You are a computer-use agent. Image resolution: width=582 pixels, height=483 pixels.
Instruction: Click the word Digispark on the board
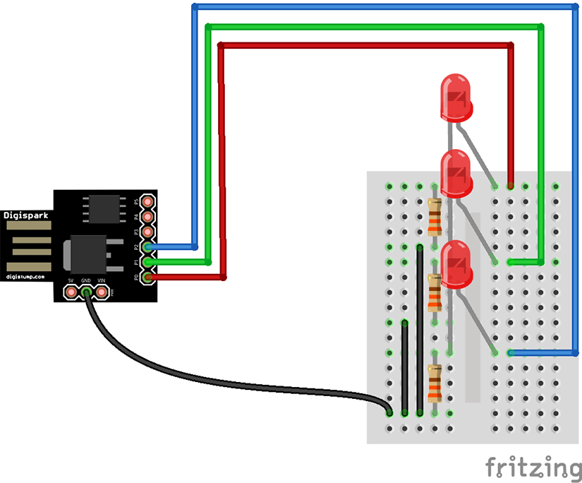(26, 214)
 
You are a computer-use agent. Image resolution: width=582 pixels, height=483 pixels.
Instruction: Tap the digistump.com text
(26, 277)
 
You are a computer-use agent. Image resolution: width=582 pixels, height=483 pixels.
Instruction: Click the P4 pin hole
(147, 216)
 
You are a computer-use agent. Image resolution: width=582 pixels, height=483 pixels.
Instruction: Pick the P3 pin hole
(147, 232)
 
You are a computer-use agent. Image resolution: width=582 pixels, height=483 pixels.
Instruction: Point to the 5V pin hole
(71, 291)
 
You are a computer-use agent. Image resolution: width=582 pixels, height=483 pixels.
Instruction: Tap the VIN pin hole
(102, 291)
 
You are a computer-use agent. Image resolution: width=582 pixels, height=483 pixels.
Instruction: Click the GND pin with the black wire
(86, 291)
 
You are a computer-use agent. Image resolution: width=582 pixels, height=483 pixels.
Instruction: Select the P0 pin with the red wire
(147, 278)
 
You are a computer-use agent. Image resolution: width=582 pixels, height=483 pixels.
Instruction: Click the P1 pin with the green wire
(147, 262)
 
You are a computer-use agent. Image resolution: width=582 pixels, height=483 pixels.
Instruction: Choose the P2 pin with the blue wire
(147, 247)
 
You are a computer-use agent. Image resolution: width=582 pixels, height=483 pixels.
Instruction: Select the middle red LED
(456, 173)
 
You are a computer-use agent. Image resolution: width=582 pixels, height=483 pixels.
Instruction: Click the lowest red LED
(456, 263)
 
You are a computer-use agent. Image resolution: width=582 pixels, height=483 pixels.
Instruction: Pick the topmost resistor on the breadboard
(435, 216)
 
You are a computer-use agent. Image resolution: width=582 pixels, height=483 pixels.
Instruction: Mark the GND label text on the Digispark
(86, 280)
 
